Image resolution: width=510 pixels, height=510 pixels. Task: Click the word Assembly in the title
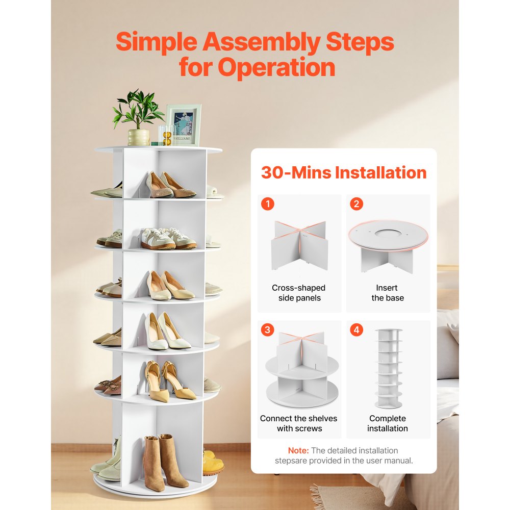tap(261, 43)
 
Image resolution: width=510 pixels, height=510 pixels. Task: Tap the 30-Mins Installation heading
tap(343, 172)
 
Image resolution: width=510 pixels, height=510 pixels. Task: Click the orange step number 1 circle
tap(267, 205)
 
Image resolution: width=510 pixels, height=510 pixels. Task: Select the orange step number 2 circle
tap(356, 205)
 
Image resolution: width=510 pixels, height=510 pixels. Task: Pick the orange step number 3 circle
tap(267, 330)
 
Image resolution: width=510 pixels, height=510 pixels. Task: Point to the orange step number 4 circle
tap(356, 330)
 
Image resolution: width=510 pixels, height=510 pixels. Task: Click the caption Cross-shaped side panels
tap(299, 293)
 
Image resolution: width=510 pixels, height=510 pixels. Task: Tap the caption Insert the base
tap(388, 293)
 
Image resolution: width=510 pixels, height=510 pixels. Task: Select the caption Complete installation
tap(388, 423)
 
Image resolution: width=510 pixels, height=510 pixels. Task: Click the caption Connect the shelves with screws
tap(299, 423)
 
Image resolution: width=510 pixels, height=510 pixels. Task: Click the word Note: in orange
tap(298, 450)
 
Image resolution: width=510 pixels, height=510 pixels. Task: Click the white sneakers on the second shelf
tap(167, 238)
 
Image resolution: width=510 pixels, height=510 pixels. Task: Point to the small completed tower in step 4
tap(388, 368)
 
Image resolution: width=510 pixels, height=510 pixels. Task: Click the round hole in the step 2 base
tap(388, 234)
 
